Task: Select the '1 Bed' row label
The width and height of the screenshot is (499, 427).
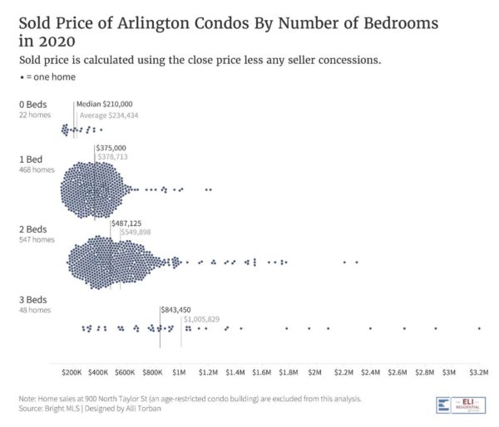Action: pos(30,159)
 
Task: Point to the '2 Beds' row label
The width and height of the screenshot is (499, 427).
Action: pos(32,229)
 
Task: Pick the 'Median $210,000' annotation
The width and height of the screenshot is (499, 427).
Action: pos(105,104)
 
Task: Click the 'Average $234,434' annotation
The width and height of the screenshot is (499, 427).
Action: pos(108,115)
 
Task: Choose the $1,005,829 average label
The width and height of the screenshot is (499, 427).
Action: pos(201,319)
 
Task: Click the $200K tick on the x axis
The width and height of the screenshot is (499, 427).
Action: pos(73,366)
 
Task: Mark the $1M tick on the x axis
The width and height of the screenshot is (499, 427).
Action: pos(180,366)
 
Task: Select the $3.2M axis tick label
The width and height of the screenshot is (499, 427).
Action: pos(479,366)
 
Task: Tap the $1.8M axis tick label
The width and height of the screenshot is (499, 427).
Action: pos(289,366)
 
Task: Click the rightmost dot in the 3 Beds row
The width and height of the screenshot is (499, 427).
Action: pos(479,328)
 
